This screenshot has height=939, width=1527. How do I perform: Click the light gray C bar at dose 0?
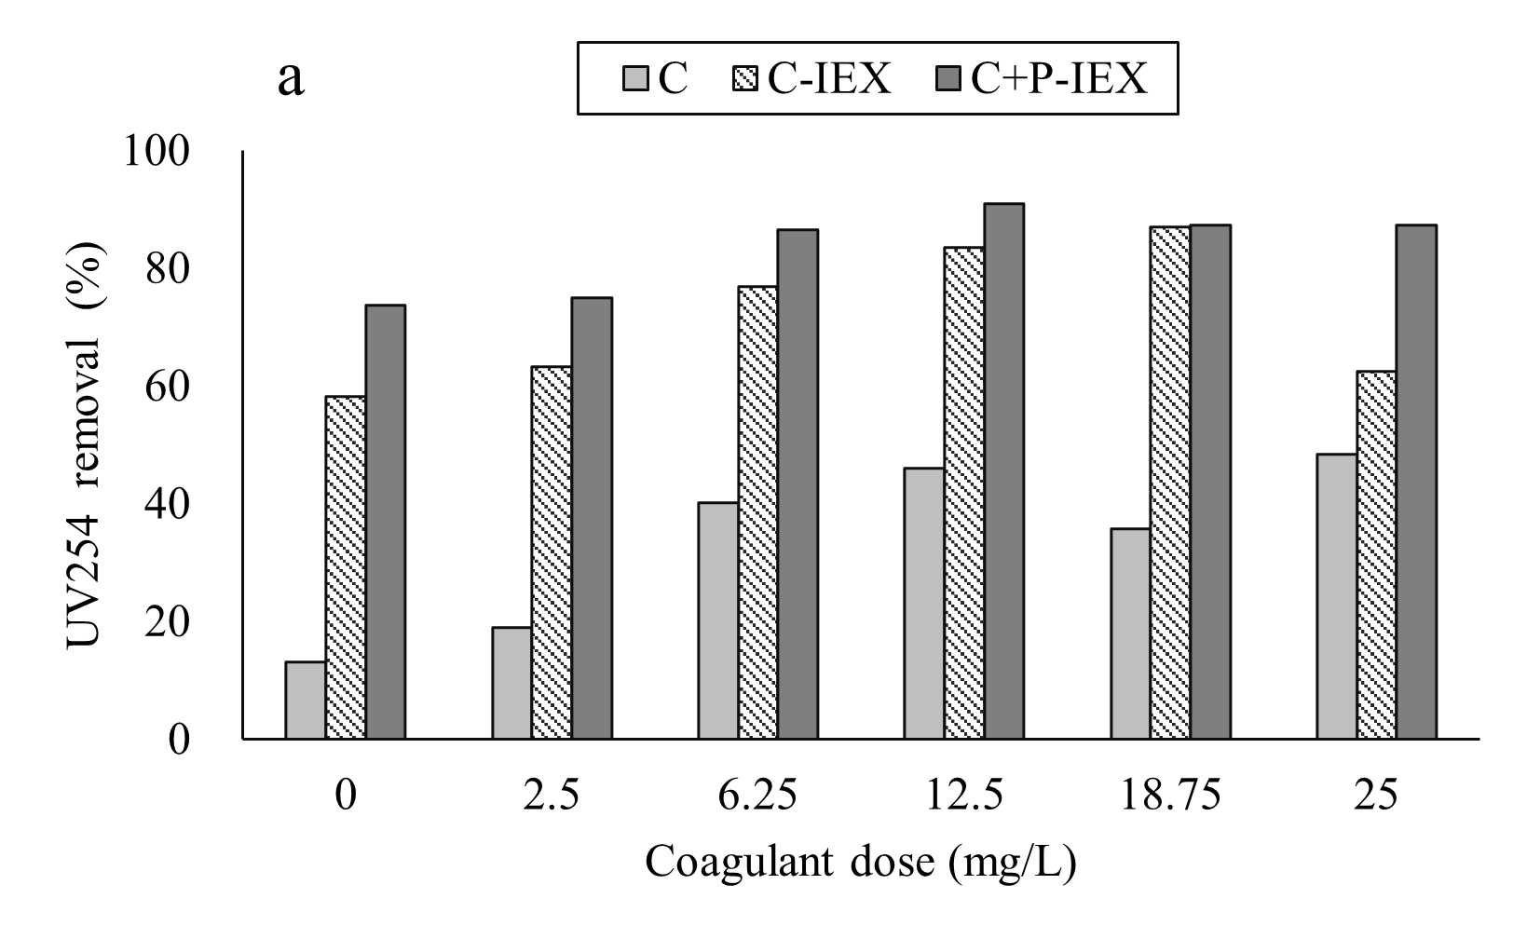[306, 701]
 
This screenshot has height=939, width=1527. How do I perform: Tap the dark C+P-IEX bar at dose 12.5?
[1003, 471]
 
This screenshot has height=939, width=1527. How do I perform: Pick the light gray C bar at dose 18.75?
[1130, 634]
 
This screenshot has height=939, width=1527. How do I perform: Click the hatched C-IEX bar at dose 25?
[1376, 555]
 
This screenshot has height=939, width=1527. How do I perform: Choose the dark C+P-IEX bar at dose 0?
[385, 523]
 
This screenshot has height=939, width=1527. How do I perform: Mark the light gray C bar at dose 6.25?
[717, 621]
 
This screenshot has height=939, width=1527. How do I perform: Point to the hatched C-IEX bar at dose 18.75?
[1170, 483]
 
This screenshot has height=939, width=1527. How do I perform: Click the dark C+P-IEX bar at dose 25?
[1416, 483]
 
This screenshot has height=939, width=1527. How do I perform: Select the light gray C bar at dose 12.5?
[923, 604]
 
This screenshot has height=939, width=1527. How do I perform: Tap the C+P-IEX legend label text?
[1058, 80]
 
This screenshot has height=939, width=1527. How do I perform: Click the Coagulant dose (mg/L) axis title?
[861, 862]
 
